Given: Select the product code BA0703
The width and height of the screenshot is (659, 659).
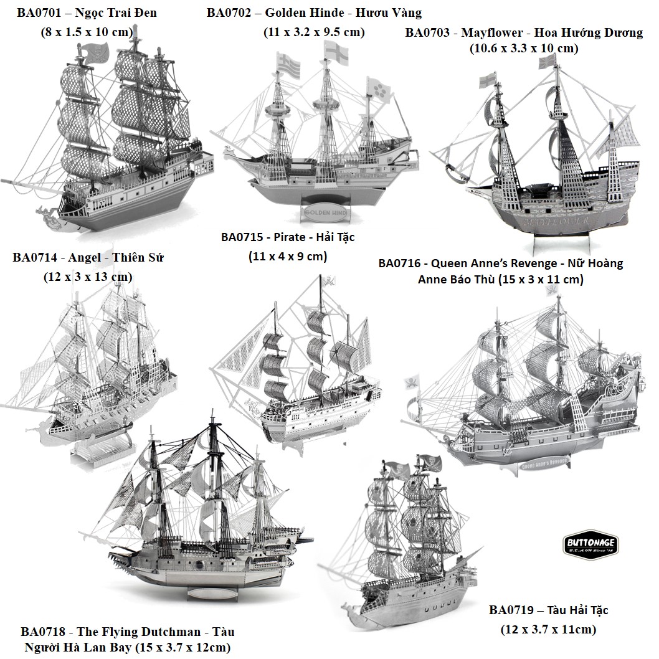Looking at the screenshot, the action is point(427,33).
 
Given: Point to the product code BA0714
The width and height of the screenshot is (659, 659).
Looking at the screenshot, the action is point(35,257).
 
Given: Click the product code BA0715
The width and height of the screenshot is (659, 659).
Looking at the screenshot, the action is point(242,237).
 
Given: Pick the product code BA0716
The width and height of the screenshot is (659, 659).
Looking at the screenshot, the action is point(399,263).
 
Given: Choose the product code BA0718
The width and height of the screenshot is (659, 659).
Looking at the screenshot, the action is point(43,632).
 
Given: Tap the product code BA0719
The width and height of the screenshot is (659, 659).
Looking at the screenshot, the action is point(511,610).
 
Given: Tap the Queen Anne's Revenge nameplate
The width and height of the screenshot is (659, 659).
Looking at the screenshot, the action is point(544,463).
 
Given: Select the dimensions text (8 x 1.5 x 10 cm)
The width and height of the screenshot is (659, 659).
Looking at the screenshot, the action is point(87,32).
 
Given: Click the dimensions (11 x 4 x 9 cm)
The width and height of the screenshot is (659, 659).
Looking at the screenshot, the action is point(288,256).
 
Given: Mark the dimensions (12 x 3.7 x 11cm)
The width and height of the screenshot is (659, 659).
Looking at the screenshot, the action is point(549,629).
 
